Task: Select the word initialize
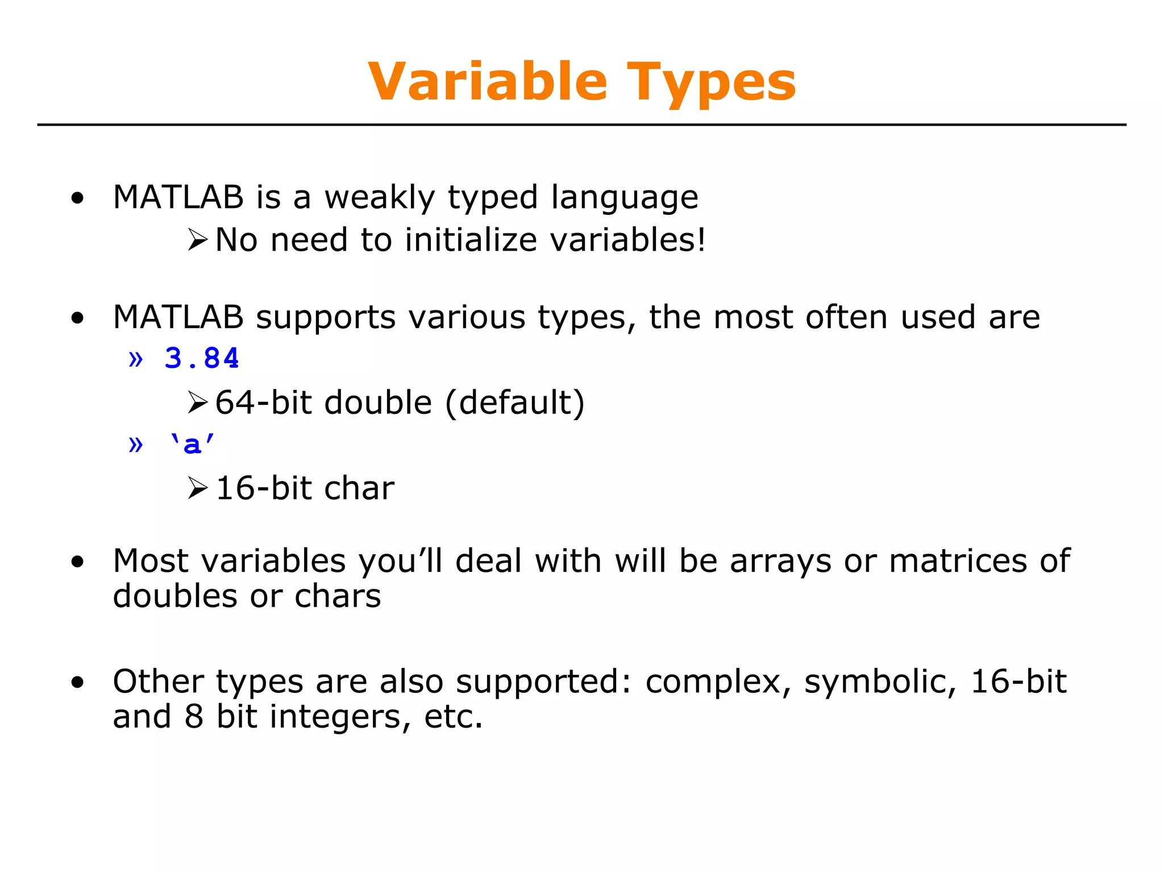(x=471, y=239)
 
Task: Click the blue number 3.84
(x=202, y=358)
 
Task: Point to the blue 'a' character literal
(x=192, y=443)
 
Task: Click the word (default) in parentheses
(x=514, y=402)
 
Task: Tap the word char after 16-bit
(x=359, y=488)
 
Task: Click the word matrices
(x=958, y=561)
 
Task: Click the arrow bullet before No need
(x=197, y=240)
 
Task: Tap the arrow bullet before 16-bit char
(x=197, y=488)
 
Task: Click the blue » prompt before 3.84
(x=135, y=359)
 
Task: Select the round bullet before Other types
(x=77, y=682)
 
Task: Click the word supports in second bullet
(x=325, y=317)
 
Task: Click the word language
(x=624, y=198)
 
